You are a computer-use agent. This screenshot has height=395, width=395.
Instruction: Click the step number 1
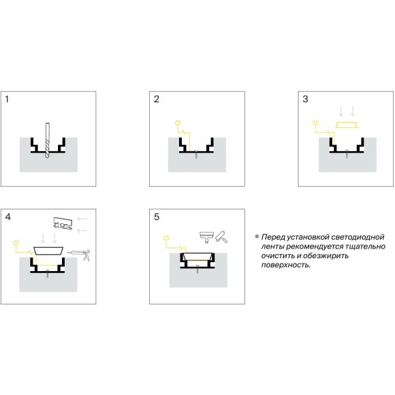pos(7,99)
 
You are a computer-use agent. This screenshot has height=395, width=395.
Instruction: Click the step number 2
pos(157,99)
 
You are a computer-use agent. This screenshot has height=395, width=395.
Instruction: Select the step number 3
pos(305,99)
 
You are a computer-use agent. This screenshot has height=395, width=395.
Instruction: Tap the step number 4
pos(7,217)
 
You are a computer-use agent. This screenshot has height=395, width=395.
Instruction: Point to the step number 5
pos(157,217)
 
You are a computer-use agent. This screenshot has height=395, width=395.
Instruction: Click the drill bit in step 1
pos(48,140)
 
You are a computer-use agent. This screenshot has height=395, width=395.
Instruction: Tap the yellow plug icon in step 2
pos(178,123)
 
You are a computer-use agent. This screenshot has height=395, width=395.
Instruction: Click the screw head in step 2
pos(196,151)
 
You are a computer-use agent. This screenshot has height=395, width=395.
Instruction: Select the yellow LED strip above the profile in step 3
pos(347,125)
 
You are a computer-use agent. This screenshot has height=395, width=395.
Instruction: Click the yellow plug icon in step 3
pos(315,123)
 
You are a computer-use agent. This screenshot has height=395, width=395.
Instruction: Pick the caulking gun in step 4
pos(79,253)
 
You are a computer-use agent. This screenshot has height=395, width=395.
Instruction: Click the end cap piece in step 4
pos(63,223)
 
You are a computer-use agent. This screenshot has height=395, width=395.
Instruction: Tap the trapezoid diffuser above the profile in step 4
pos(48,251)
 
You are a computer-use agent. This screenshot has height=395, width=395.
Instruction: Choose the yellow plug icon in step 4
pos(16,242)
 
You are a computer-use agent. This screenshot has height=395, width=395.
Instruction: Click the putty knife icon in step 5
pos(206,236)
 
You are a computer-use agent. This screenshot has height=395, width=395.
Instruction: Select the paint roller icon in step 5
pos(221,237)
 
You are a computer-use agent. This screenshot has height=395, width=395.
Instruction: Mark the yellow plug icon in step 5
pos(166,238)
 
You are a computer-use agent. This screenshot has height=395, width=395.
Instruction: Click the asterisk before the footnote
pos(257,236)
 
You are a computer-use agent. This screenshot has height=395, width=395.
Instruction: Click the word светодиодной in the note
pos(358,237)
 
